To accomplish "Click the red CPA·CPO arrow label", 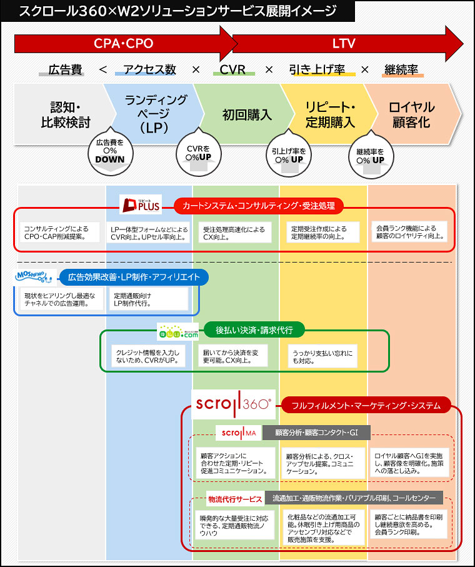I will [x=123, y=43].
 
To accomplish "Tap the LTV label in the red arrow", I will [x=344, y=43].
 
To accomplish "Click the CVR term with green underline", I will [x=232, y=69].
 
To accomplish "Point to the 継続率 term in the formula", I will [x=402, y=69].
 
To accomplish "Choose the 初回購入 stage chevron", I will [x=247, y=115].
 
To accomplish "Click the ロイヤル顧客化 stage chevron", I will [x=411, y=115].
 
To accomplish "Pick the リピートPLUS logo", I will [x=141, y=204].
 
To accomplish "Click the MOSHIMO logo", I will [x=34, y=276].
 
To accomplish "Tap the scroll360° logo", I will [x=233, y=404].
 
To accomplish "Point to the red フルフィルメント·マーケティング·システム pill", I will [x=366, y=406].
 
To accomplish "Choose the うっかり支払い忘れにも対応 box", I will [x=322, y=356].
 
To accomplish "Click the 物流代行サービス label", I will [x=235, y=499].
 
